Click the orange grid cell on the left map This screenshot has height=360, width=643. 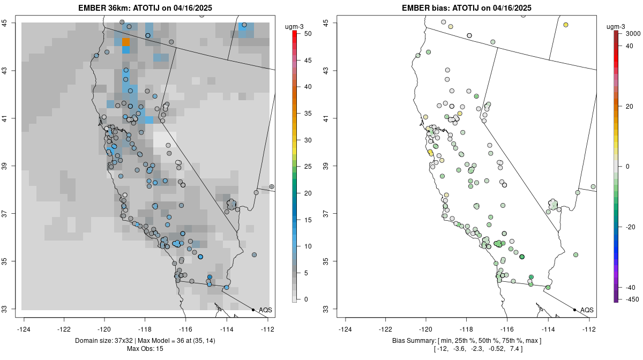(126, 42)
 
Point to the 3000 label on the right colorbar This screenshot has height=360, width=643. (633, 33)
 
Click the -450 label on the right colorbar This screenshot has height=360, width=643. (630, 299)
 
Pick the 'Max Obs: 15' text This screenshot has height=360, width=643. (145, 349)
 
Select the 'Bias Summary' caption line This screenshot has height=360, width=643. (466, 341)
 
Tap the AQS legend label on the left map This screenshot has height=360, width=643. (265, 310)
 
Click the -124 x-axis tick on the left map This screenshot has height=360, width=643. (24, 329)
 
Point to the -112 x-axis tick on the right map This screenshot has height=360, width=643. (589, 329)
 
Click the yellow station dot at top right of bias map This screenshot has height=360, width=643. (566, 25)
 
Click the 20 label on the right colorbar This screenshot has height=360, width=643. (630, 106)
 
